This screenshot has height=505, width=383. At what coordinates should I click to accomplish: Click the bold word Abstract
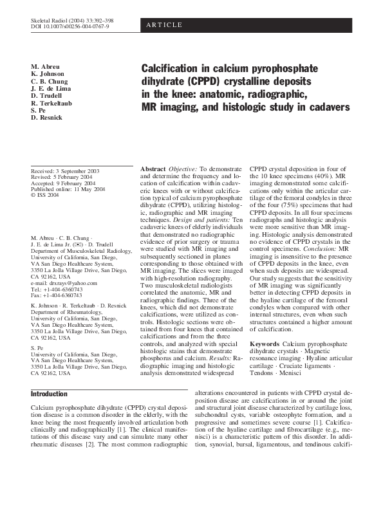click(154, 169)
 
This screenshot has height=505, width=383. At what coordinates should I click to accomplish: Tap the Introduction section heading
click(49, 394)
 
